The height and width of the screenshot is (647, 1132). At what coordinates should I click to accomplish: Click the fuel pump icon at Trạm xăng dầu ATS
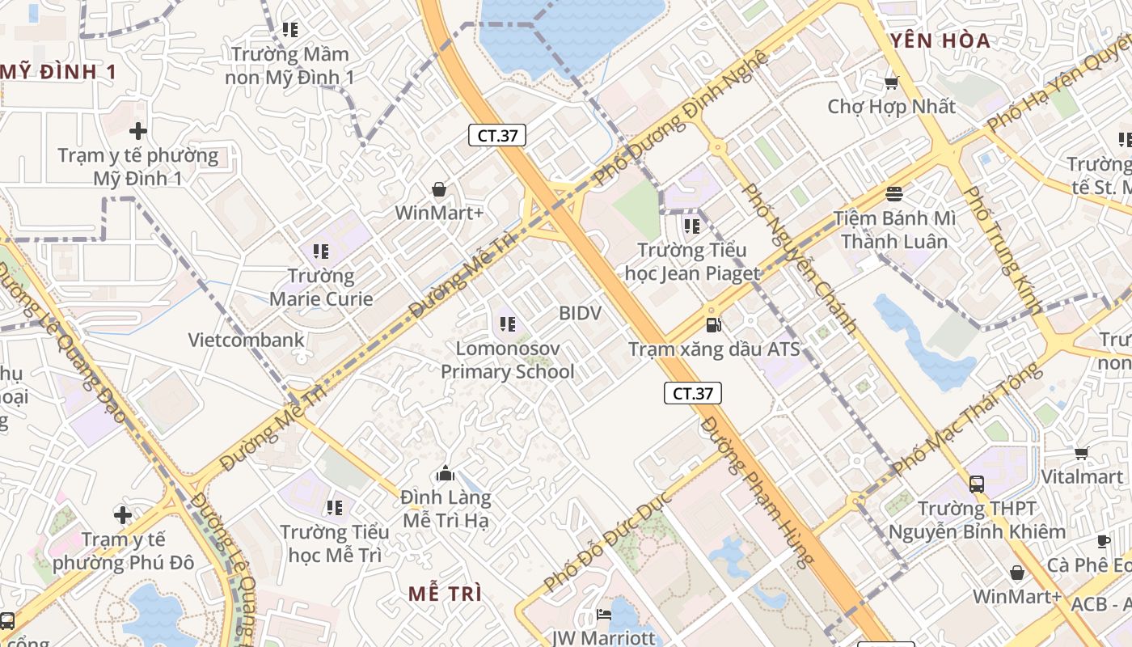[x=713, y=325]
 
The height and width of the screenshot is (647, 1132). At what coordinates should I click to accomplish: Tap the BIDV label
[x=580, y=313]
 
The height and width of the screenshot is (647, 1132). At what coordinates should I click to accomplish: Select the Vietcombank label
[x=247, y=340]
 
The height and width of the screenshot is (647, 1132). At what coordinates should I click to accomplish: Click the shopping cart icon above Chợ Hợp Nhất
[x=891, y=82]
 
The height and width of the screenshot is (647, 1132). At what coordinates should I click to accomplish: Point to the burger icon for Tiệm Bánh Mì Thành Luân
[x=894, y=194]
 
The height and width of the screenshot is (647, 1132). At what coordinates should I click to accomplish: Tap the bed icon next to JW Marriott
[x=604, y=615]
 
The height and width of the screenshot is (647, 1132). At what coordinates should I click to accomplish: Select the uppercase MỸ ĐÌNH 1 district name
[x=58, y=72]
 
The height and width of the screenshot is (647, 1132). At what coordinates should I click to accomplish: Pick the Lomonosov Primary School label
[x=507, y=361]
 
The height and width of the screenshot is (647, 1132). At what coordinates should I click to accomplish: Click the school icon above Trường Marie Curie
[x=321, y=252]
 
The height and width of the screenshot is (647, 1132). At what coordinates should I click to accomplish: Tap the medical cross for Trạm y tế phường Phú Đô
[x=123, y=514]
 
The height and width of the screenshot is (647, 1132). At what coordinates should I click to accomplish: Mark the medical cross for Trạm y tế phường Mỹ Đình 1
[x=138, y=130]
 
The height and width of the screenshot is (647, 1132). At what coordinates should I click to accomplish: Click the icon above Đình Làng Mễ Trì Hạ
[x=446, y=474]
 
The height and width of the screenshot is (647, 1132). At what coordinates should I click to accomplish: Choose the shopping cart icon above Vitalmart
[x=1081, y=453]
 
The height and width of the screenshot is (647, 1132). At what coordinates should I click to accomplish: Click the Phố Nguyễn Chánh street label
[x=800, y=259]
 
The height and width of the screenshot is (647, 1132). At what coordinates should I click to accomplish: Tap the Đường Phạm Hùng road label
[x=756, y=493]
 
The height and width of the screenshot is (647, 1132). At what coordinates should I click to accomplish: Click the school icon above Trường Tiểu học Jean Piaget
[x=691, y=226]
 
